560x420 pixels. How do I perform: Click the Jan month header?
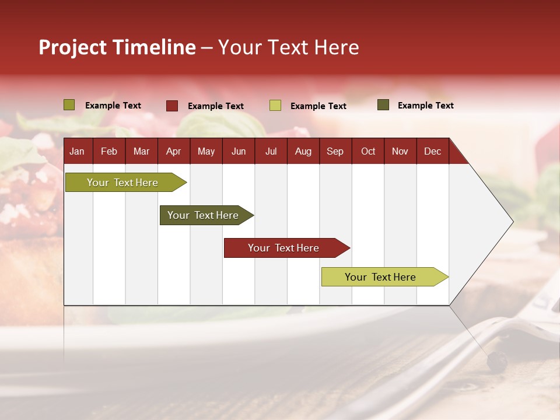pyautogui.click(x=77, y=151)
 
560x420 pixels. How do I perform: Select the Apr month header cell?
pyautogui.click(x=173, y=151)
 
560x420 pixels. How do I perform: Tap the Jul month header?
pyautogui.click(x=271, y=151)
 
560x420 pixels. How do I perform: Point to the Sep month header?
pyautogui.click(x=335, y=151)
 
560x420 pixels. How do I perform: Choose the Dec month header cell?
pyautogui.click(x=432, y=151)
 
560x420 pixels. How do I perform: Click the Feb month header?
pyautogui.click(x=108, y=151)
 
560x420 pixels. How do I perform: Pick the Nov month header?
pyautogui.click(x=400, y=151)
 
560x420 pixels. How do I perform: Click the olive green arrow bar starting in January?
pyautogui.click(x=123, y=183)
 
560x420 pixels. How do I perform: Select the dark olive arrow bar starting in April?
pyautogui.click(x=203, y=215)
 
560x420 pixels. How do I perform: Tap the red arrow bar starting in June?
pyautogui.click(x=283, y=248)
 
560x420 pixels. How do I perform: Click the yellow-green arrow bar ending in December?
pyautogui.click(x=380, y=277)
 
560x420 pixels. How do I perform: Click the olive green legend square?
pyautogui.click(x=69, y=105)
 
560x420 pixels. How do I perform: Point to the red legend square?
pyautogui.click(x=172, y=106)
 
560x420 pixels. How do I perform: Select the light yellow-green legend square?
pyautogui.click(x=275, y=106)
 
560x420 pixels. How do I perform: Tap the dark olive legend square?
pyautogui.click(x=383, y=105)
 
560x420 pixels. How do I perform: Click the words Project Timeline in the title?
pyautogui.click(x=117, y=47)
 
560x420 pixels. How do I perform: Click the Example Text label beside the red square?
pyautogui.click(x=215, y=106)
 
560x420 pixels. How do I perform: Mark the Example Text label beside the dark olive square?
pyautogui.click(x=425, y=106)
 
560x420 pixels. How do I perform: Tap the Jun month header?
pyautogui.click(x=238, y=151)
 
